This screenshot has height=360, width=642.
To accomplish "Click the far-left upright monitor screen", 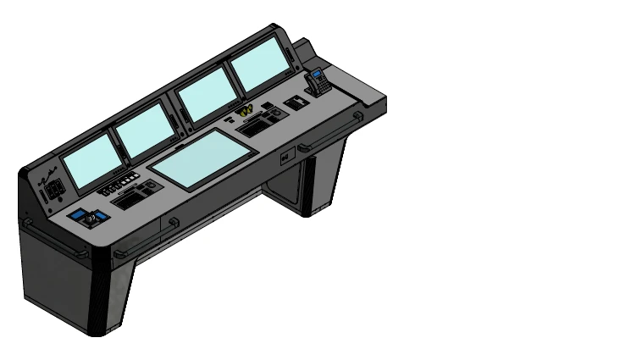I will [x=91, y=161].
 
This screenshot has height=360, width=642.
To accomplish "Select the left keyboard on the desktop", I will [x=129, y=202].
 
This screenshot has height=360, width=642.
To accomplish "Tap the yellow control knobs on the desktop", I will [x=245, y=110].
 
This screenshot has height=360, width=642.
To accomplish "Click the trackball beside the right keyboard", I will [x=277, y=114].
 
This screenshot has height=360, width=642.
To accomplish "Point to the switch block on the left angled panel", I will [x=52, y=192].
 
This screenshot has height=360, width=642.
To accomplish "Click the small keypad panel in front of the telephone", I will [x=296, y=102].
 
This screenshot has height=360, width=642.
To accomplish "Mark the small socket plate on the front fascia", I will [x=285, y=156].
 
